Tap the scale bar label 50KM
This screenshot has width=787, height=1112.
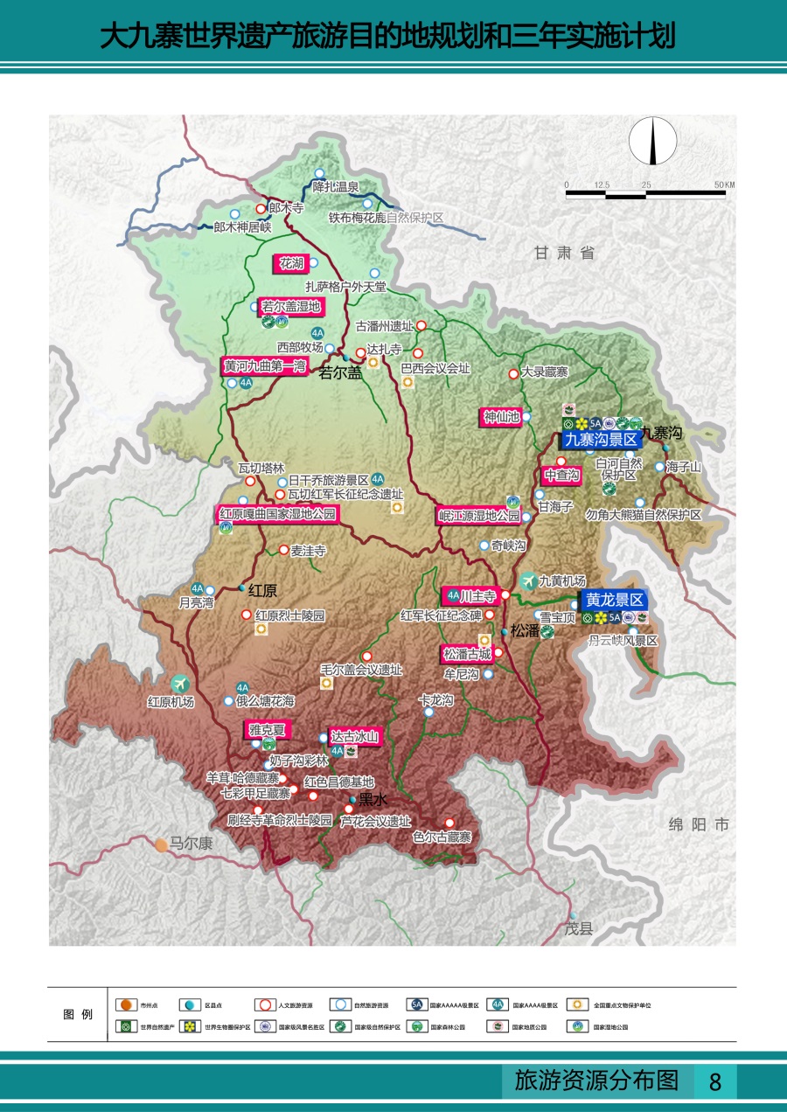(x=724, y=184)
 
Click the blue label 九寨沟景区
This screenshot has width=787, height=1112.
(x=600, y=440)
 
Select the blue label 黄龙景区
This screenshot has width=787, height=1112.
(x=615, y=600)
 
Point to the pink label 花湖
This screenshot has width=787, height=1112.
(x=291, y=262)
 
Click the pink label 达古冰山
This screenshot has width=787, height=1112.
(x=354, y=737)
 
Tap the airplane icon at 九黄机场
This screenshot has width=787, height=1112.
(x=528, y=580)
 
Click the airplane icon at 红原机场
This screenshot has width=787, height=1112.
(x=180, y=683)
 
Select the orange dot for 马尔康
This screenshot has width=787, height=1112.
(x=162, y=844)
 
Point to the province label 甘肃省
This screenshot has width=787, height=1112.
(x=565, y=253)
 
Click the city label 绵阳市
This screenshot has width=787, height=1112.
(x=698, y=824)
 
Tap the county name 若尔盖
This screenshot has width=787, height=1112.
(x=339, y=373)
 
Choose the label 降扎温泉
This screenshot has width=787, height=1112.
(x=337, y=186)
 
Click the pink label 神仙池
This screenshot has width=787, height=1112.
(x=501, y=417)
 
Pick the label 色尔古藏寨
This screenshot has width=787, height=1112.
(x=442, y=837)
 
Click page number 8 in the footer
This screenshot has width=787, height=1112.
(x=715, y=1081)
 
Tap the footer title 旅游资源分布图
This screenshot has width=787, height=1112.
(x=597, y=1081)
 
